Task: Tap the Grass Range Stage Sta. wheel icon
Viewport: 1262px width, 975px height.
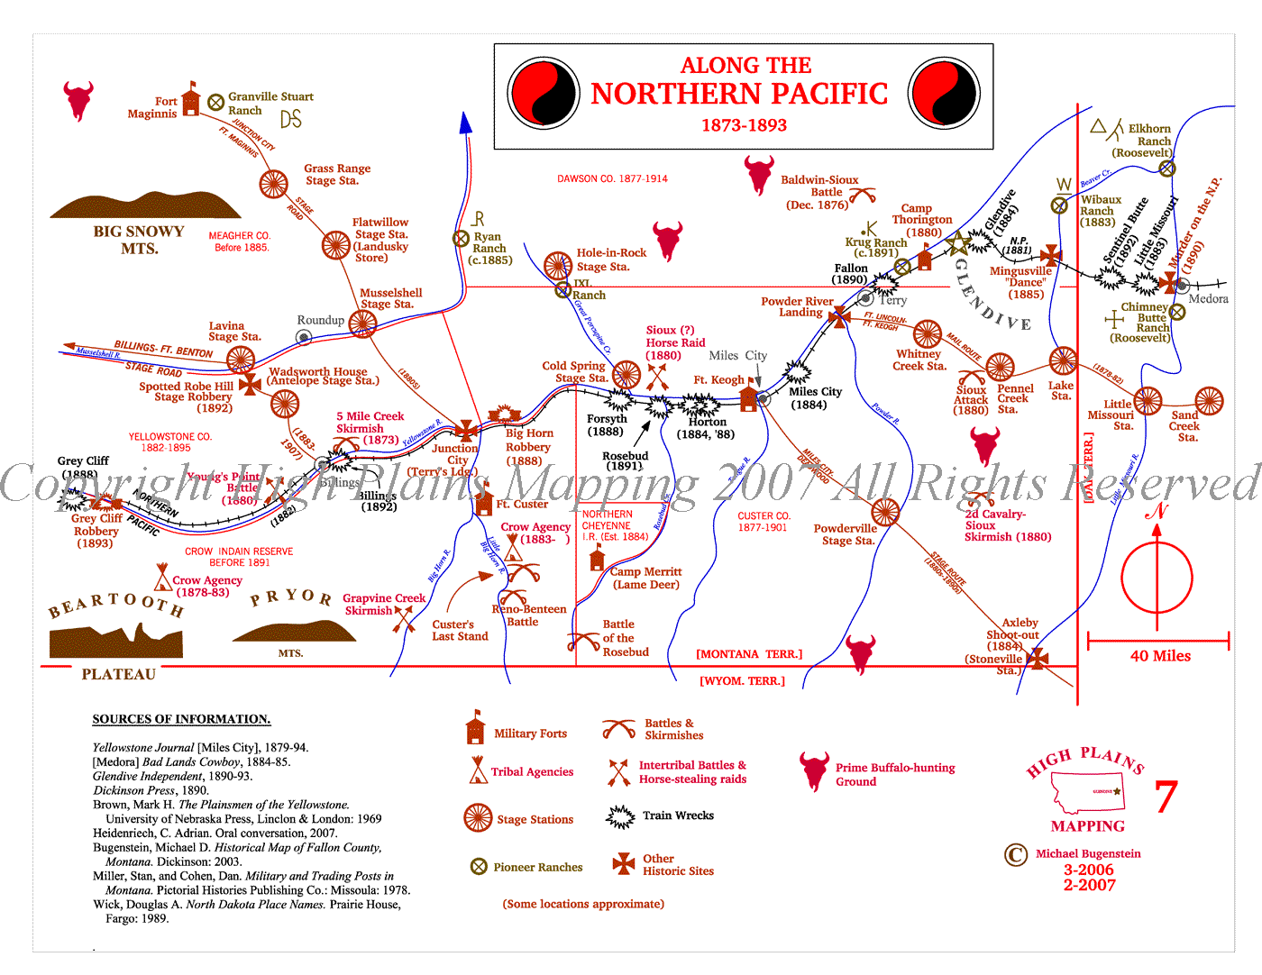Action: click(274, 184)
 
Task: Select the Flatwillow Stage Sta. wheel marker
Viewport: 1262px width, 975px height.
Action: click(336, 244)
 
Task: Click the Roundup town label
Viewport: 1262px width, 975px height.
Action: click(320, 320)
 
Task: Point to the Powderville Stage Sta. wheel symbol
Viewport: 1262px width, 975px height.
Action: click(885, 513)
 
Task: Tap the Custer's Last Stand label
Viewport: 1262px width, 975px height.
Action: click(459, 630)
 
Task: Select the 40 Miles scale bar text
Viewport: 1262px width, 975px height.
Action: click(1160, 656)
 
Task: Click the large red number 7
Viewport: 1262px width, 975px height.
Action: click(1166, 797)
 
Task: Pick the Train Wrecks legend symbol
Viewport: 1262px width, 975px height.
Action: click(620, 816)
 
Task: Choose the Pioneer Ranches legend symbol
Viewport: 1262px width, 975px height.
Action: click(479, 867)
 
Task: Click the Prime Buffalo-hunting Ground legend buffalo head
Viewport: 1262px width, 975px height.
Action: click(814, 770)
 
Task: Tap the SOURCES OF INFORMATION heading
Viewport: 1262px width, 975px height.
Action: click(181, 719)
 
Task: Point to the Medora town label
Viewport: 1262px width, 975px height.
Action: click(1208, 299)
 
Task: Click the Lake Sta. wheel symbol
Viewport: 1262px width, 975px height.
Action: click(1063, 360)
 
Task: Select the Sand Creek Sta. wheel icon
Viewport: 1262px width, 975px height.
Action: click(1209, 401)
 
